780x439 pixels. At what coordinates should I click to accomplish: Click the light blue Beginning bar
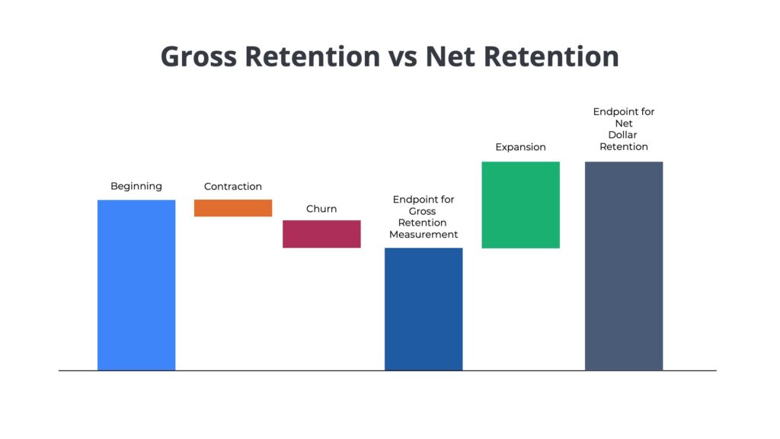point(136,285)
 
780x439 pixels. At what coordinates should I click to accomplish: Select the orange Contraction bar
point(233,208)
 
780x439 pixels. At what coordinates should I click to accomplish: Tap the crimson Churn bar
point(321,234)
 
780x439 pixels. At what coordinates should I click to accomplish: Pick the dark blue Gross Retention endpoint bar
point(424,309)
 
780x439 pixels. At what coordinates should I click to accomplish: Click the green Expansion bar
point(520,204)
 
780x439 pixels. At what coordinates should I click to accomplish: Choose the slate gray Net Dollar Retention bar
point(624,265)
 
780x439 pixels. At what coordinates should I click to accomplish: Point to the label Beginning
point(136,186)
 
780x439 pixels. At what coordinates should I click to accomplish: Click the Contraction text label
point(233,187)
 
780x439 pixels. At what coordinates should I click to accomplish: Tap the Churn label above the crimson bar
point(321,209)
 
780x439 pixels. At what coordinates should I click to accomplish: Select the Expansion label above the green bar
point(520,147)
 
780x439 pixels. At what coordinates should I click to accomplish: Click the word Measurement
point(424,235)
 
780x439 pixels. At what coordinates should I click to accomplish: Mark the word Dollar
point(624,135)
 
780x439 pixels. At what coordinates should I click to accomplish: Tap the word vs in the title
point(403,57)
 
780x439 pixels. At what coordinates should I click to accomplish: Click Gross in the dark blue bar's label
point(424,211)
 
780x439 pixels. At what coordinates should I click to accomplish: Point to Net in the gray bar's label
point(624,123)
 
